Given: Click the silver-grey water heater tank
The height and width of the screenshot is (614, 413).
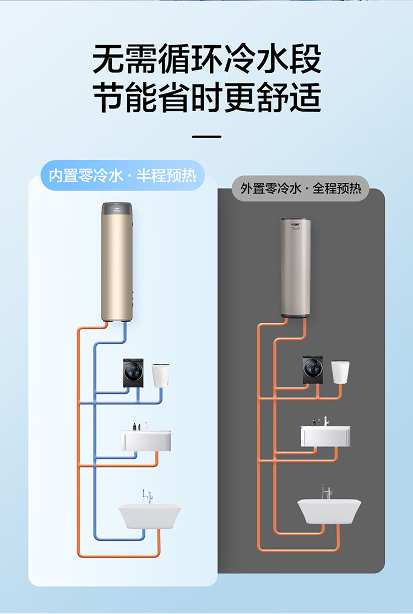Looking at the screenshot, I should click(x=296, y=270).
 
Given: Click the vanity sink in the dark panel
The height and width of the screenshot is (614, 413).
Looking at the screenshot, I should click(x=325, y=434).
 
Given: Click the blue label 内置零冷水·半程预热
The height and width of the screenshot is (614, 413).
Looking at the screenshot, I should click(x=122, y=176).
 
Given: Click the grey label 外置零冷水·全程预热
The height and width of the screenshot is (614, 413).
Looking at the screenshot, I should click(x=301, y=188).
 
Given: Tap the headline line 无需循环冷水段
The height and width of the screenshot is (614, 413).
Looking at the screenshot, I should click(x=206, y=59).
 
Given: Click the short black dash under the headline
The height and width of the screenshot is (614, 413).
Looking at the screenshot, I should click(x=206, y=137).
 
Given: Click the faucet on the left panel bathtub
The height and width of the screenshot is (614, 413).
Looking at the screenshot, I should click(x=146, y=496).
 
